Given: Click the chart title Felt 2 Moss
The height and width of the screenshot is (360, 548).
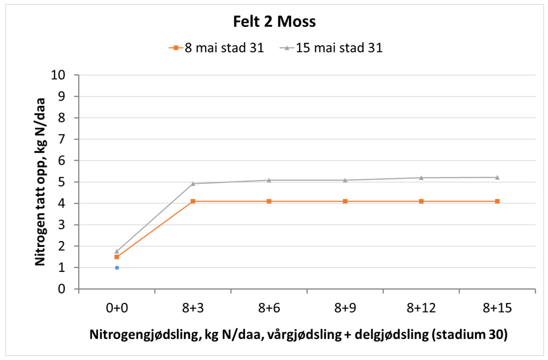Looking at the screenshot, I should click(275, 21).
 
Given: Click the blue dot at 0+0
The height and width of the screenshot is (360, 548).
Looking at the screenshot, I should click(117, 267).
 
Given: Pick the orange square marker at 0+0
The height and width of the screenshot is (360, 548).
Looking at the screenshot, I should click(117, 257).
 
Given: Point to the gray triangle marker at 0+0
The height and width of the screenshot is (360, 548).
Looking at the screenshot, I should click(117, 251).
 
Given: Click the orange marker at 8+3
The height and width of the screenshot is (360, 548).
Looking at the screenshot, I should click(193, 201).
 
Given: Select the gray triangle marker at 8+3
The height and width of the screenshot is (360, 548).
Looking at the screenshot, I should click(193, 183).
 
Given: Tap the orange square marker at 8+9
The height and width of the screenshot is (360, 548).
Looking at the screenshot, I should click(345, 201).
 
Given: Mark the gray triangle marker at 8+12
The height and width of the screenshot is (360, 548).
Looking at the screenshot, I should click(421, 177).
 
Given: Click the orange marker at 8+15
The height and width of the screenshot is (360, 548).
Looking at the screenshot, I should click(497, 201).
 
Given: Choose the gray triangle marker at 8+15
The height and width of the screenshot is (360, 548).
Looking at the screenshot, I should click(497, 177).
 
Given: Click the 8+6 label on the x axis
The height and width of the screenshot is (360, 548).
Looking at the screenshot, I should click(269, 307).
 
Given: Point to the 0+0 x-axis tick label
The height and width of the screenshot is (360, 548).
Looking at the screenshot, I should click(117, 307).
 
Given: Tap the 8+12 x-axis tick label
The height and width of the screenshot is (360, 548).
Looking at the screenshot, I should click(421, 307).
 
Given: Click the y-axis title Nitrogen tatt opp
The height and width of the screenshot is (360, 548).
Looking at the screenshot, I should click(40, 181).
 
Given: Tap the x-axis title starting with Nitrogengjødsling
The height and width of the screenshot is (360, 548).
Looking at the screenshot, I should click(298, 334).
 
